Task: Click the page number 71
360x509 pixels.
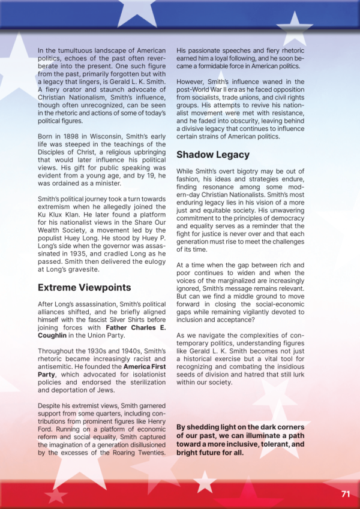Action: pos(345,495)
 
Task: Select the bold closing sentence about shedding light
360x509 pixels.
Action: pos(241,440)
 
